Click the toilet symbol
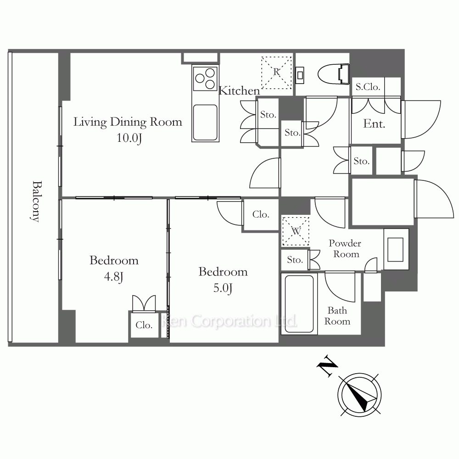(334, 74)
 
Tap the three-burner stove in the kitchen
(205, 78)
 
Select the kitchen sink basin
(205, 123)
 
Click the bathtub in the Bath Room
(299, 304)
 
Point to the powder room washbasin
(396, 249)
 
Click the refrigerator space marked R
(277, 73)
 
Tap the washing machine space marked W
(296, 231)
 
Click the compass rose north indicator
(359, 394)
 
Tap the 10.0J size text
(129, 138)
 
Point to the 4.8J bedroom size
(114, 277)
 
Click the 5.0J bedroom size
(223, 288)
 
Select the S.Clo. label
(368, 87)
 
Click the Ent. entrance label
(374, 124)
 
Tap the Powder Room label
(345, 248)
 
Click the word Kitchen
(239, 91)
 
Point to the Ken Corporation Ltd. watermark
(230, 321)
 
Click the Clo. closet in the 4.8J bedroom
(144, 325)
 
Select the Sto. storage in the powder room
(295, 260)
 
